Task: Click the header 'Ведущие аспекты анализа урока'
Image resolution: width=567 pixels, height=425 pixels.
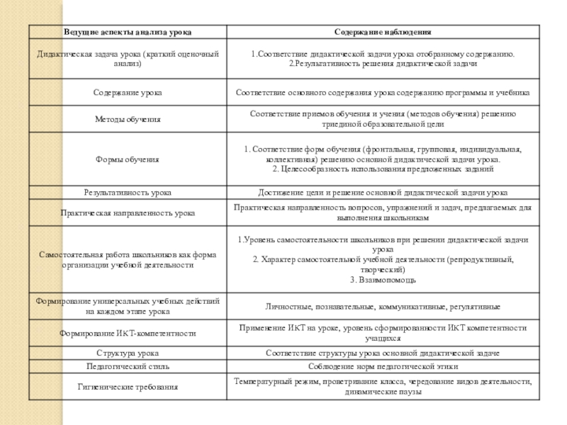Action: (x=128, y=33)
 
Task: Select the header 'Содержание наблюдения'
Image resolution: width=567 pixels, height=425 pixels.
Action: (x=383, y=33)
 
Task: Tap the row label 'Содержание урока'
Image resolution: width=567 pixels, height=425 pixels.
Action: (x=128, y=93)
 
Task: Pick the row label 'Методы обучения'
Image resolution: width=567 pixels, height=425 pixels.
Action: (x=128, y=119)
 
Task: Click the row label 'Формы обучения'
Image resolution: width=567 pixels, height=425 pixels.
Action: (x=128, y=159)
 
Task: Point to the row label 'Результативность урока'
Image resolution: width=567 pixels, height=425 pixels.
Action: (x=128, y=193)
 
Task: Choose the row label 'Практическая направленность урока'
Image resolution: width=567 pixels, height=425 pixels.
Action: (x=128, y=212)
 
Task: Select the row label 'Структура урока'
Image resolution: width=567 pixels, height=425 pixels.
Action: (x=128, y=353)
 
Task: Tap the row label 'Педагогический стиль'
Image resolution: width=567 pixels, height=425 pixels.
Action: (x=128, y=366)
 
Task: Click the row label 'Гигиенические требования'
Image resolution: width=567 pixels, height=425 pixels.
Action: (x=128, y=387)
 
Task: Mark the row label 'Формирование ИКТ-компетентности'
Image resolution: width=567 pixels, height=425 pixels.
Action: (x=128, y=332)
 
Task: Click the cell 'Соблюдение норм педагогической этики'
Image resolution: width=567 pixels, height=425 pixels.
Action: (x=383, y=366)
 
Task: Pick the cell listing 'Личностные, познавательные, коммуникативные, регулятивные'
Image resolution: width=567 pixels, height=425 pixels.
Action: (x=383, y=307)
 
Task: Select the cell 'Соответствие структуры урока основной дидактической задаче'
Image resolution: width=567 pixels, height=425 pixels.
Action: (x=383, y=353)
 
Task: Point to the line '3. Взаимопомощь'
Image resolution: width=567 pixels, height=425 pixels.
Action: (x=383, y=280)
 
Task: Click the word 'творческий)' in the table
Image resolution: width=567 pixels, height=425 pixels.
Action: (x=383, y=270)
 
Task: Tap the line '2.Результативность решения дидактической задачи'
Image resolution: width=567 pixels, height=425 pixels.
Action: (x=383, y=64)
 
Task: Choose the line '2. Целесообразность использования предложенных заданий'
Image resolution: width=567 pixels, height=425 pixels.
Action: (x=383, y=170)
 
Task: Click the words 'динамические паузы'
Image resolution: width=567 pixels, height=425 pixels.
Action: (x=383, y=392)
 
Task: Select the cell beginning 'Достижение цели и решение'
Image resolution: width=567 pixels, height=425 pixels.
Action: (x=383, y=193)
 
